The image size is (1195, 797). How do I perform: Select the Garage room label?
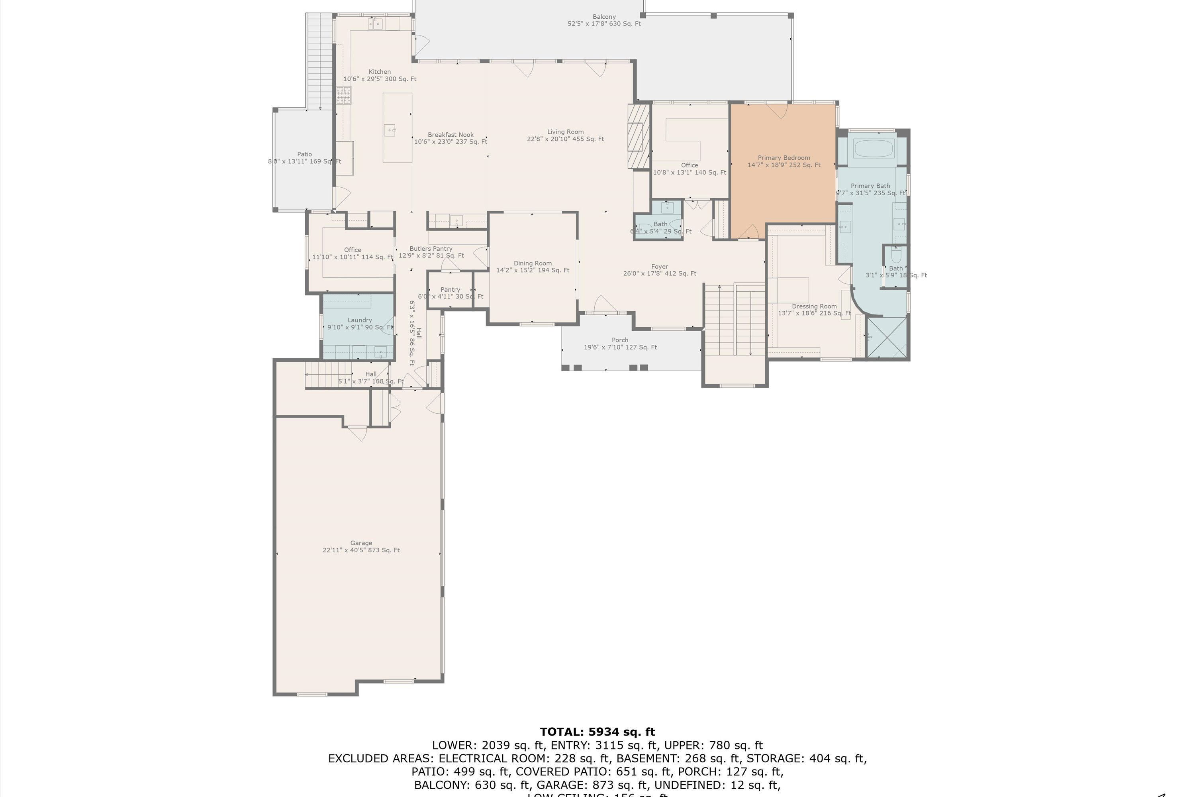pos(361,543)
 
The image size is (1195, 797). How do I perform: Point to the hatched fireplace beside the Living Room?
pos(639,136)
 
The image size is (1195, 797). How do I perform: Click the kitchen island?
pos(397,128)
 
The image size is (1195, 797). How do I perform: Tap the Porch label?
pos(620,340)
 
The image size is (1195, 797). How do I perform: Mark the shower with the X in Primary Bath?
pos(887,338)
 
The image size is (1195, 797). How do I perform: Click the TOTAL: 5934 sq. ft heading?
pos(597,732)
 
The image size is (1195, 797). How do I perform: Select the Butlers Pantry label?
pos(431,249)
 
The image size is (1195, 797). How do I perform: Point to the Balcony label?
pos(604,17)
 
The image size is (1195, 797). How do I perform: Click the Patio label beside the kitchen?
pos(304,154)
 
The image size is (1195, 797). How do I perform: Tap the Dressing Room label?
pos(814,306)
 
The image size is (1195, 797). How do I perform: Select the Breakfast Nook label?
pos(450,135)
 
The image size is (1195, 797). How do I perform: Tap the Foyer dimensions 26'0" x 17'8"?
pos(660,273)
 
